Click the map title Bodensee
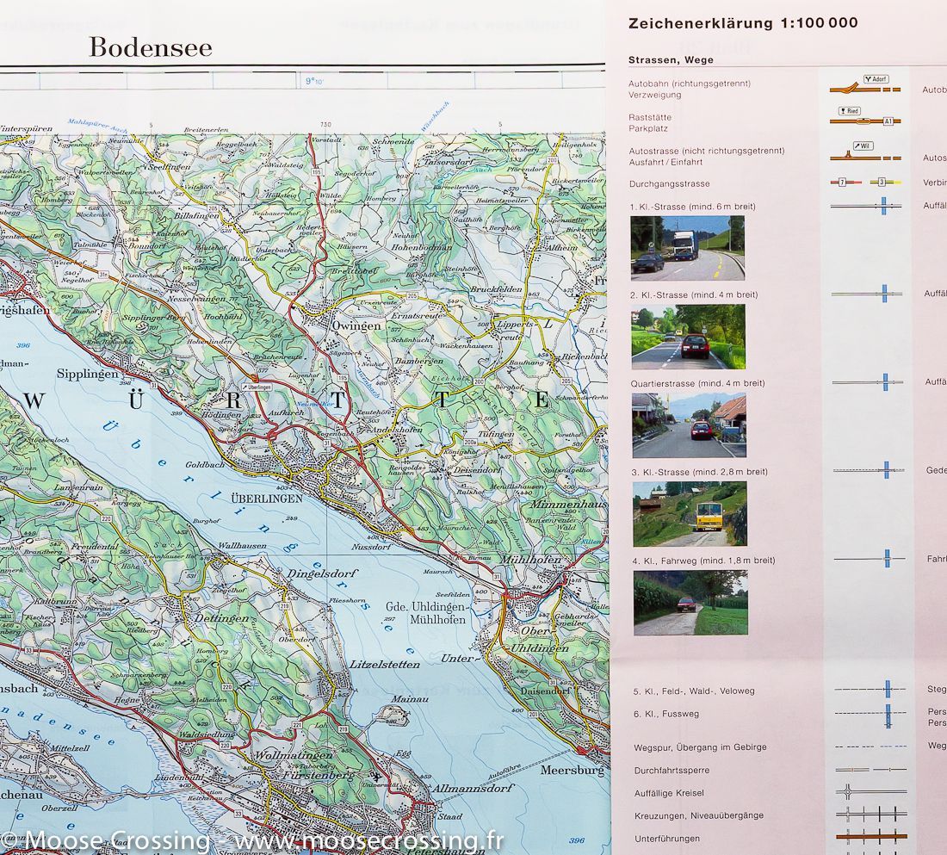[151, 47]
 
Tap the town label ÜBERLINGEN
[267, 499]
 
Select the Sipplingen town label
[86, 375]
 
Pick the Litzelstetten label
[385, 664]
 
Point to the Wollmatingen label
[288, 756]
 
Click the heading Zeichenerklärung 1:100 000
[743, 23]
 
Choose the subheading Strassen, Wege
[671, 59]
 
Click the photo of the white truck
[687, 248]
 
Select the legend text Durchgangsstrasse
[669, 184]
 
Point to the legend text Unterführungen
[666, 839]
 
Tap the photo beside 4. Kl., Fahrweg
[690, 603]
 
